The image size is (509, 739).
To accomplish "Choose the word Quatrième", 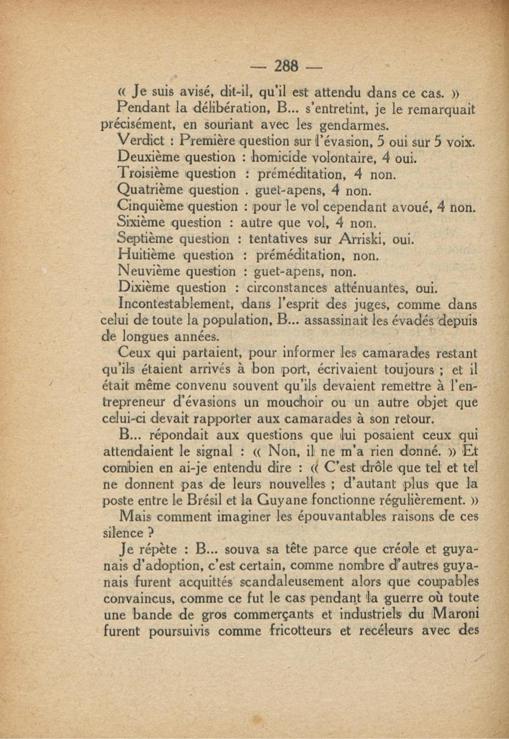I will (150, 190).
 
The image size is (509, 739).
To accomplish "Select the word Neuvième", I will (148, 271).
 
